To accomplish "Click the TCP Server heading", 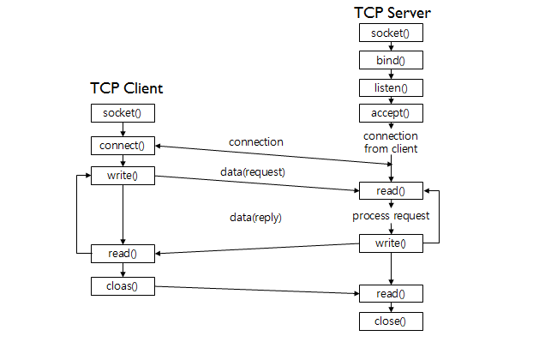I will click(x=392, y=14).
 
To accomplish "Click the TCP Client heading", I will click(x=127, y=89).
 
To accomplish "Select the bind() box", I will click(x=391, y=61).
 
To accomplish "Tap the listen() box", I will click(x=391, y=87).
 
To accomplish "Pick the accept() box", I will click(x=391, y=113).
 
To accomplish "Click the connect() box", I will click(x=123, y=145).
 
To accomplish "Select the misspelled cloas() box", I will click(x=123, y=285).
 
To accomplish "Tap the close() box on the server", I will click(x=391, y=322).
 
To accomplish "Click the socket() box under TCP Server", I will click(x=391, y=33).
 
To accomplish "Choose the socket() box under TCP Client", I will click(x=123, y=113).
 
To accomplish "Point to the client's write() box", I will click(x=123, y=177).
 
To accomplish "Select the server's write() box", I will click(x=391, y=243).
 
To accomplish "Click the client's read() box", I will click(x=123, y=254).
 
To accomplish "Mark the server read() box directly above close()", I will click(x=391, y=294).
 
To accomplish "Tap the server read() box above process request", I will click(x=391, y=190).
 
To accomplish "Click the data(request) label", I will click(x=252, y=173).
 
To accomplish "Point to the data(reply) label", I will click(x=255, y=218).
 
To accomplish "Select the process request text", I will click(x=391, y=216).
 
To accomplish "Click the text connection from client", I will click(x=391, y=142).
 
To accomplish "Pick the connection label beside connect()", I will click(x=255, y=141).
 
